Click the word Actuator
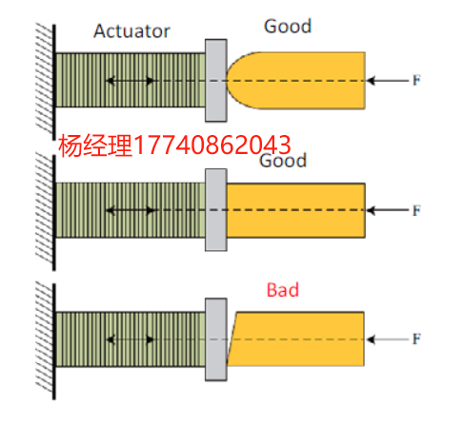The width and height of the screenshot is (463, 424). [131, 31]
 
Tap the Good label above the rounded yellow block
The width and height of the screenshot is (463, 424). [288, 26]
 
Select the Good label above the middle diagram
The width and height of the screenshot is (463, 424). [283, 161]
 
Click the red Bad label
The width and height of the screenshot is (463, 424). [283, 290]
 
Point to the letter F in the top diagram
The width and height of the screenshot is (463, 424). [416, 80]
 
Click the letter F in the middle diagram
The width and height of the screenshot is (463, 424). [416, 210]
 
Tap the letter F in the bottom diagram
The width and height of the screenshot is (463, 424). [416, 339]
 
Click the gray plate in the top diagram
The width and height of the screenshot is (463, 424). [216, 81]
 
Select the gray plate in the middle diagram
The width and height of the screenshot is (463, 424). [216, 210]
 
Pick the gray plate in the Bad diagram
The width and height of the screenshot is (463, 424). [216, 339]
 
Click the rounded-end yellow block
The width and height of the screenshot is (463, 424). [295, 81]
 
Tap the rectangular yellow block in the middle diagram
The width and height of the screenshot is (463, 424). [295, 210]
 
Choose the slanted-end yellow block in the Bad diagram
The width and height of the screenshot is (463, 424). [295, 339]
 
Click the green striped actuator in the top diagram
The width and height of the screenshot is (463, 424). [131, 80]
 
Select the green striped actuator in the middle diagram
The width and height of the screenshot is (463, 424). [131, 210]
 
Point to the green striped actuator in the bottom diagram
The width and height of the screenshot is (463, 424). [131, 339]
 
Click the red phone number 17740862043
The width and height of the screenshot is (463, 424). [211, 145]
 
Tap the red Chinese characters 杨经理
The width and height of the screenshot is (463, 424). [95, 145]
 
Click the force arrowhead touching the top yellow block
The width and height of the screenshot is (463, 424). [371, 81]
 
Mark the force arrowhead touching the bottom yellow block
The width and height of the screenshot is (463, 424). [371, 339]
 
